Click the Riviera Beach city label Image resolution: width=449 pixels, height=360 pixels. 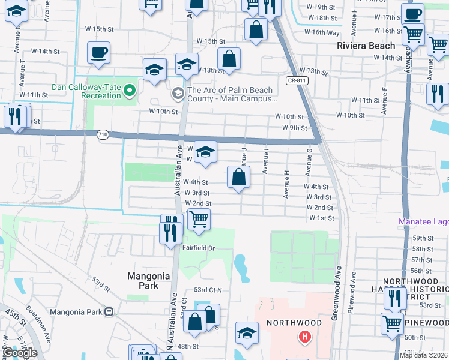tap(366, 46)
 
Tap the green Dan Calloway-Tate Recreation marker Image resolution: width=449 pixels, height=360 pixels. tap(129, 91)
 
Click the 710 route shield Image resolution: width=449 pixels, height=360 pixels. tap(102, 136)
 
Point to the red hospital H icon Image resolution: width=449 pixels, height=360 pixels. tap(305, 337)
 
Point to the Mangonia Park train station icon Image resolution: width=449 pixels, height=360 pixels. tap(109, 312)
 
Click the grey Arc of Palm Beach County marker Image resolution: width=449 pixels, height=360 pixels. tap(178, 93)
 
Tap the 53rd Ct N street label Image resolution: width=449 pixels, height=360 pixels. tap(208, 290)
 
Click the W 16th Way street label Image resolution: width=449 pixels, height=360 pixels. tap(322, 32)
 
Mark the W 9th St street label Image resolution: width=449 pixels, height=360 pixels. tap(294, 128)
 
